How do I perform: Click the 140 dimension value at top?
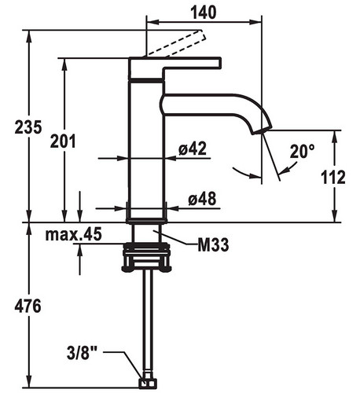click(x=204, y=12)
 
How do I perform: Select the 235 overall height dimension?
click(x=28, y=127)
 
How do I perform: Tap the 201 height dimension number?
click(x=63, y=141)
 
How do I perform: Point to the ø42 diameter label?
click(x=193, y=149)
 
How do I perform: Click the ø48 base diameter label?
click(x=202, y=198)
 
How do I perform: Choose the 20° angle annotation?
click(x=302, y=151)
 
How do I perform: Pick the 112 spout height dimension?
click(x=333, y=177)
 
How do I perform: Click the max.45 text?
click(x=73, y=234)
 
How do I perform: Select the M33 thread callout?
click(x=213, y=245)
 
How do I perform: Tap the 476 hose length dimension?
click(x=28, y=306)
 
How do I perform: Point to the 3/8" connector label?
click(x=82, y=353)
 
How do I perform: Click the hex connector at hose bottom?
click(x=148, y=383)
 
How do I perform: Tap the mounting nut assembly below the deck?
click(x=146, y=257)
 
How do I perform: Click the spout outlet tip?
click(x=262, y=130)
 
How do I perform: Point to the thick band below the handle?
click(x=146, y=80)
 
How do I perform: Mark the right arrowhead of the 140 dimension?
click(x=255, y=22)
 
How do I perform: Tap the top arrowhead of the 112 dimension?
click(x=335, y=136)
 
